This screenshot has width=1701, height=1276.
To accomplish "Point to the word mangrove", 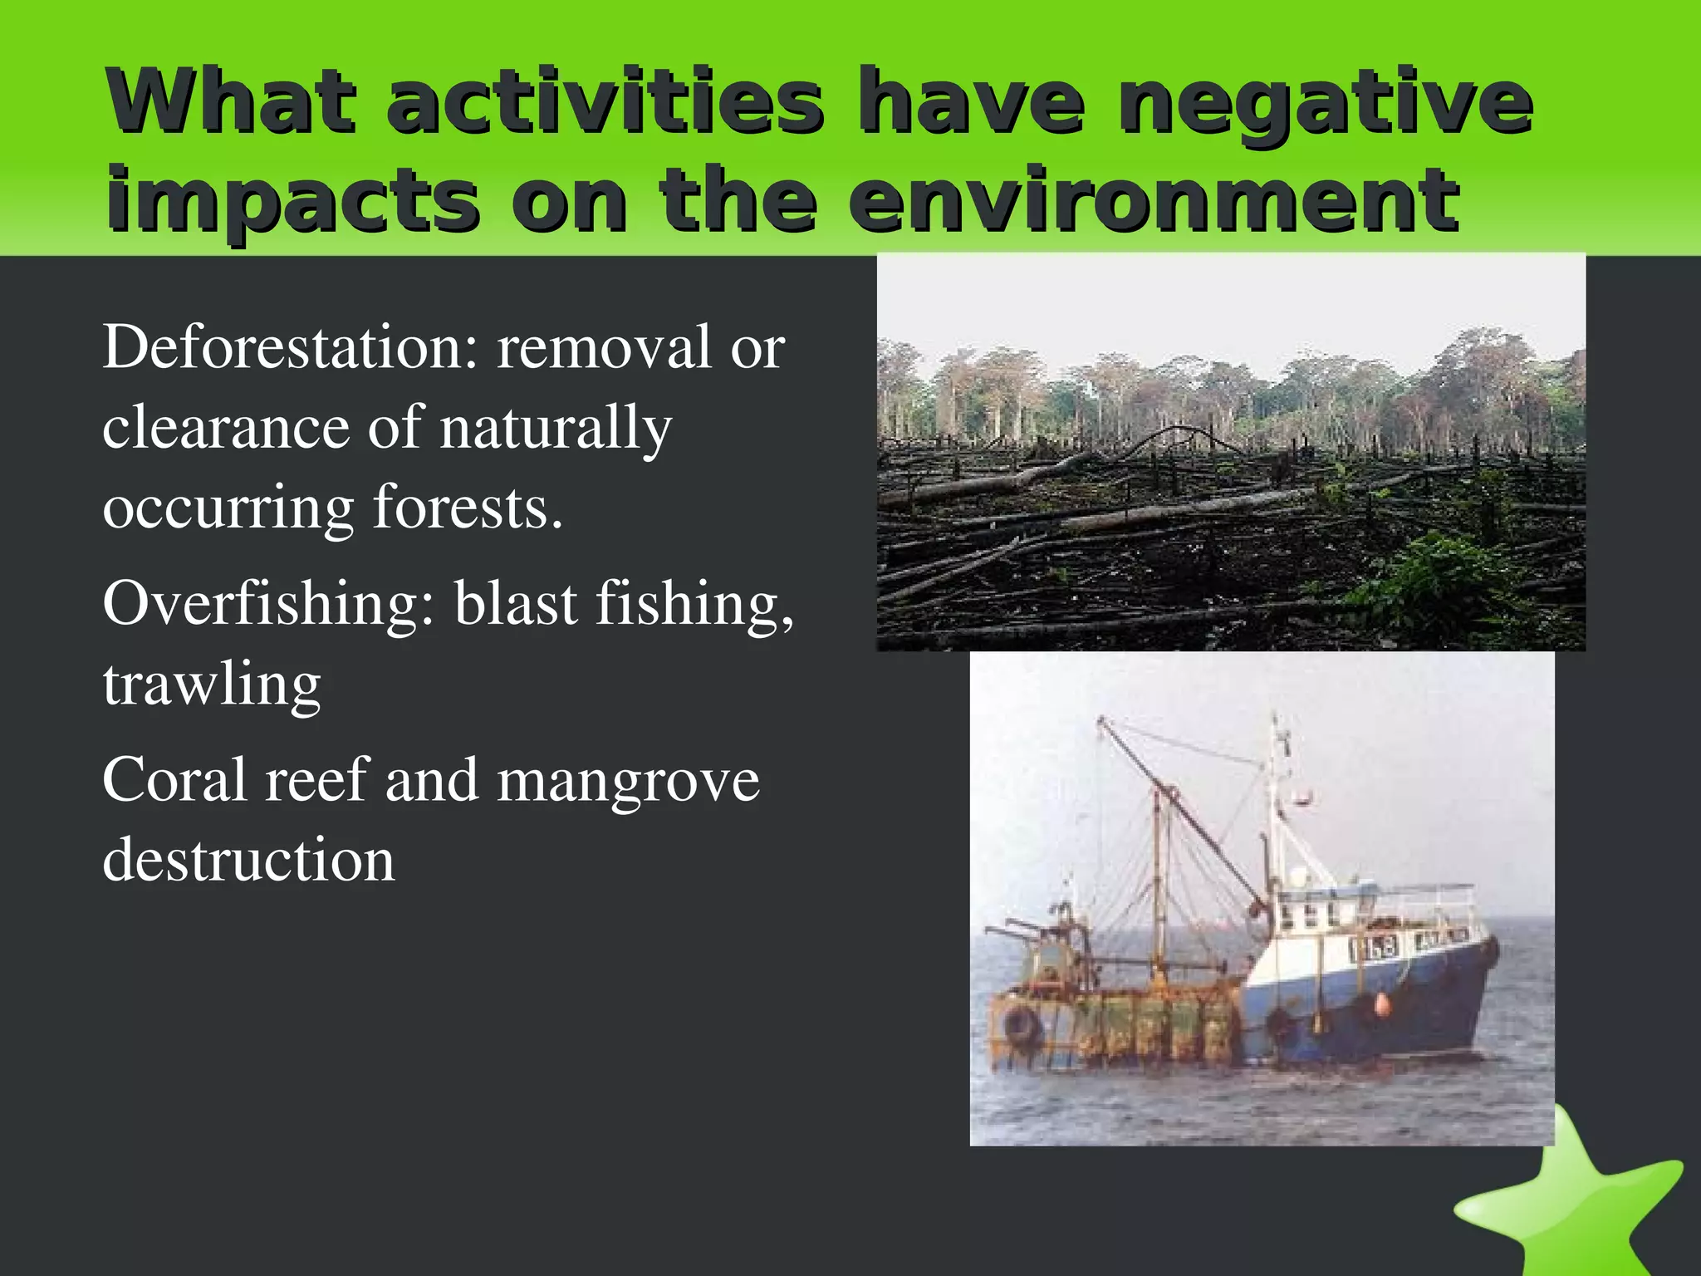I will point(628,781).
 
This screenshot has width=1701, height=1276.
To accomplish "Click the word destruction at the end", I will point(248,860).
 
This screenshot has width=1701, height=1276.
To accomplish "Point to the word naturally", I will point(555,429).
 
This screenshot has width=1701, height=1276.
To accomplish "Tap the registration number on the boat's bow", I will point(1372,948).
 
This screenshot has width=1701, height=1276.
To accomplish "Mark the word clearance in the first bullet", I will point(225,429).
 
